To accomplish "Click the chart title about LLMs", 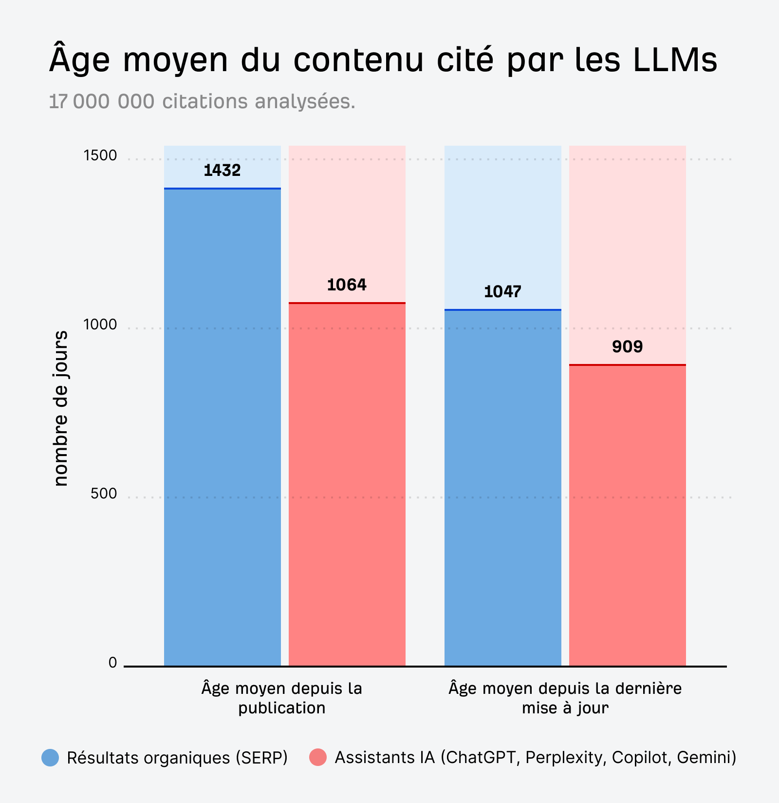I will tap(383, 60).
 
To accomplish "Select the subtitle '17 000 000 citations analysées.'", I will tap(202, 101).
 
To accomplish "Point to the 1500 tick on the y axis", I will tap(100, 155).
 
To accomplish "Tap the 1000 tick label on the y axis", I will tap(100, 325).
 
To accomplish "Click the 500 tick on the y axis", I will tap(104, 494).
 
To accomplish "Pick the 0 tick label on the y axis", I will tap(113, 663).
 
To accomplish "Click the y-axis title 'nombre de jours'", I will tap(60, 408).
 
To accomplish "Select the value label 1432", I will tap(222, 170).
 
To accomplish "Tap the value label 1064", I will tap(347, 285).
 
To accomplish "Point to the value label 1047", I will tap(502, 291).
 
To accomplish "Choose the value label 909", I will tap(627, 346).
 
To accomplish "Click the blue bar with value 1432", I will tap(223, 426).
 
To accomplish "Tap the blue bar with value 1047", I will tap(503, 487).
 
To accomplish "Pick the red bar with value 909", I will tap(628, 515).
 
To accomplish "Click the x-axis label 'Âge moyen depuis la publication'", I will tap(282, 698).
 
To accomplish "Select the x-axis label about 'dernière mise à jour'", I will tap(565, 698).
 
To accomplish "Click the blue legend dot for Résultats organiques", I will tap(50, 757).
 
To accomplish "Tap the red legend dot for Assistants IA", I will tap(318, 757).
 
